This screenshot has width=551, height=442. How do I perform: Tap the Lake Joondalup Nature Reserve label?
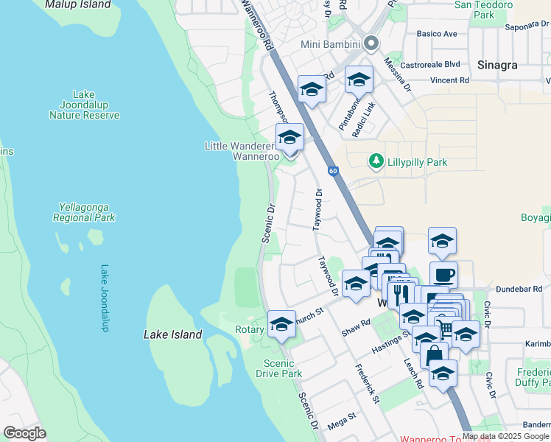pyautogui.click(x=84, y=105)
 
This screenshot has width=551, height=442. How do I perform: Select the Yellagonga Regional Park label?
pyautogui.click(x=84, y=213)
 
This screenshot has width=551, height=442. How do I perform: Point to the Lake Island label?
pyautogui.click(x=172, y=334)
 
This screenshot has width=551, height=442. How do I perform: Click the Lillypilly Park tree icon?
pyautogui.click(x=376, y=161)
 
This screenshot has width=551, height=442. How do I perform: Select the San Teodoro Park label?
pyautogui.click(x=484, y=10)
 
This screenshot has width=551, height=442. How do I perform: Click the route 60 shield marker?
pyautogui.click(x=334, y=172)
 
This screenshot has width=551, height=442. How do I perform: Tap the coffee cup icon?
pyautogui.click(x=443, y=275)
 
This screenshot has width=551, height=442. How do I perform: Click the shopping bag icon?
pyautogui.click(x=435, y=354)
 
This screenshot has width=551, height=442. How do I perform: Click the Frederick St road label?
pyautogui.click(x=366, y=384)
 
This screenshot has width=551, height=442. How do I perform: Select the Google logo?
pyautogui.click(x=24, y=433)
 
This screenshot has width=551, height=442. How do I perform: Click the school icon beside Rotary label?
pyautogui.click(x=281, y=323)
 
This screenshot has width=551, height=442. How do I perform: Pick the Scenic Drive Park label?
pyautogui.click(x=284, y=368)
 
